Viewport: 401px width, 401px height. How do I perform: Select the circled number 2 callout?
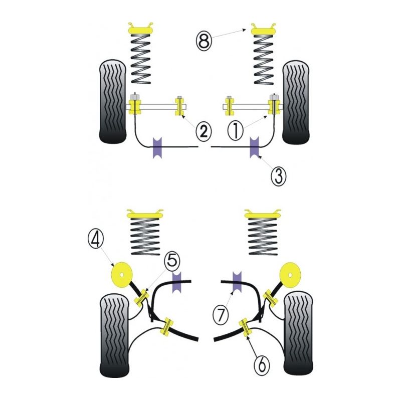pyautogui.click(x=203, y=131)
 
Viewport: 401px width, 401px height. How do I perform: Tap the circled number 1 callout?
pyautogui.click(x=235, y=131)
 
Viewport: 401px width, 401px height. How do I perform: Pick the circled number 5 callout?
pyautogui.click(x=171, y=261)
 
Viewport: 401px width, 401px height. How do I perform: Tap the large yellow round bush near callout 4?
pyautogui.click(x=121, y=275)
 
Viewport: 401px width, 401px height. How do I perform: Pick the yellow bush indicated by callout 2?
pyautogui.click(x=179, y=106)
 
